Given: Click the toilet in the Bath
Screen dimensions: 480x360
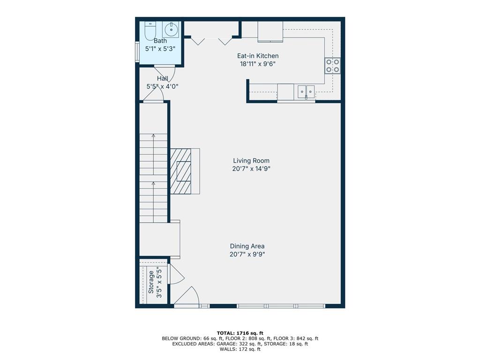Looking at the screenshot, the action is coord(150,31).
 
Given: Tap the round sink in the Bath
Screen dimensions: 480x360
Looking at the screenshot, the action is coord(170,30).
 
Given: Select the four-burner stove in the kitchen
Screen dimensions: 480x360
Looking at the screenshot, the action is coord(332,66).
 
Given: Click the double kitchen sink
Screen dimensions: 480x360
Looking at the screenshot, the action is coord(306,91).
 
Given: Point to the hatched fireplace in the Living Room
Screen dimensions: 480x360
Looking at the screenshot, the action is coord(180,171).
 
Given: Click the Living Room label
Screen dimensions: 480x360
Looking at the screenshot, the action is coord(251,161).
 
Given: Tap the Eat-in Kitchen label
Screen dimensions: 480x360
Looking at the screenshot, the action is coord(258,56).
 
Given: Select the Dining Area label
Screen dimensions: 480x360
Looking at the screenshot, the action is coord(247,246).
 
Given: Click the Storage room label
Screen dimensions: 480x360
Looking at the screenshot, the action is coord(151,282).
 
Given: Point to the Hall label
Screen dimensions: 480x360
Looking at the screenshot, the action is coord(162,78).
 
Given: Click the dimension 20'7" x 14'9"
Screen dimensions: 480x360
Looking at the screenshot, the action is coord(251,169).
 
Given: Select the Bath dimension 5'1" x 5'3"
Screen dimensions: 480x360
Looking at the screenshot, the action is coord(160,49).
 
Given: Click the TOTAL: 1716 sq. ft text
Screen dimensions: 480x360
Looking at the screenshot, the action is coord(240,333).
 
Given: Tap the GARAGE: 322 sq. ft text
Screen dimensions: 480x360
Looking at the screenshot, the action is coord(244,344).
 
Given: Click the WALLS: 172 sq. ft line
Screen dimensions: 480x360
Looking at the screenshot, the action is coord(240,349).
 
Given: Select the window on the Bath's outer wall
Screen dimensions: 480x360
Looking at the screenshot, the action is coord(137,52).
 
